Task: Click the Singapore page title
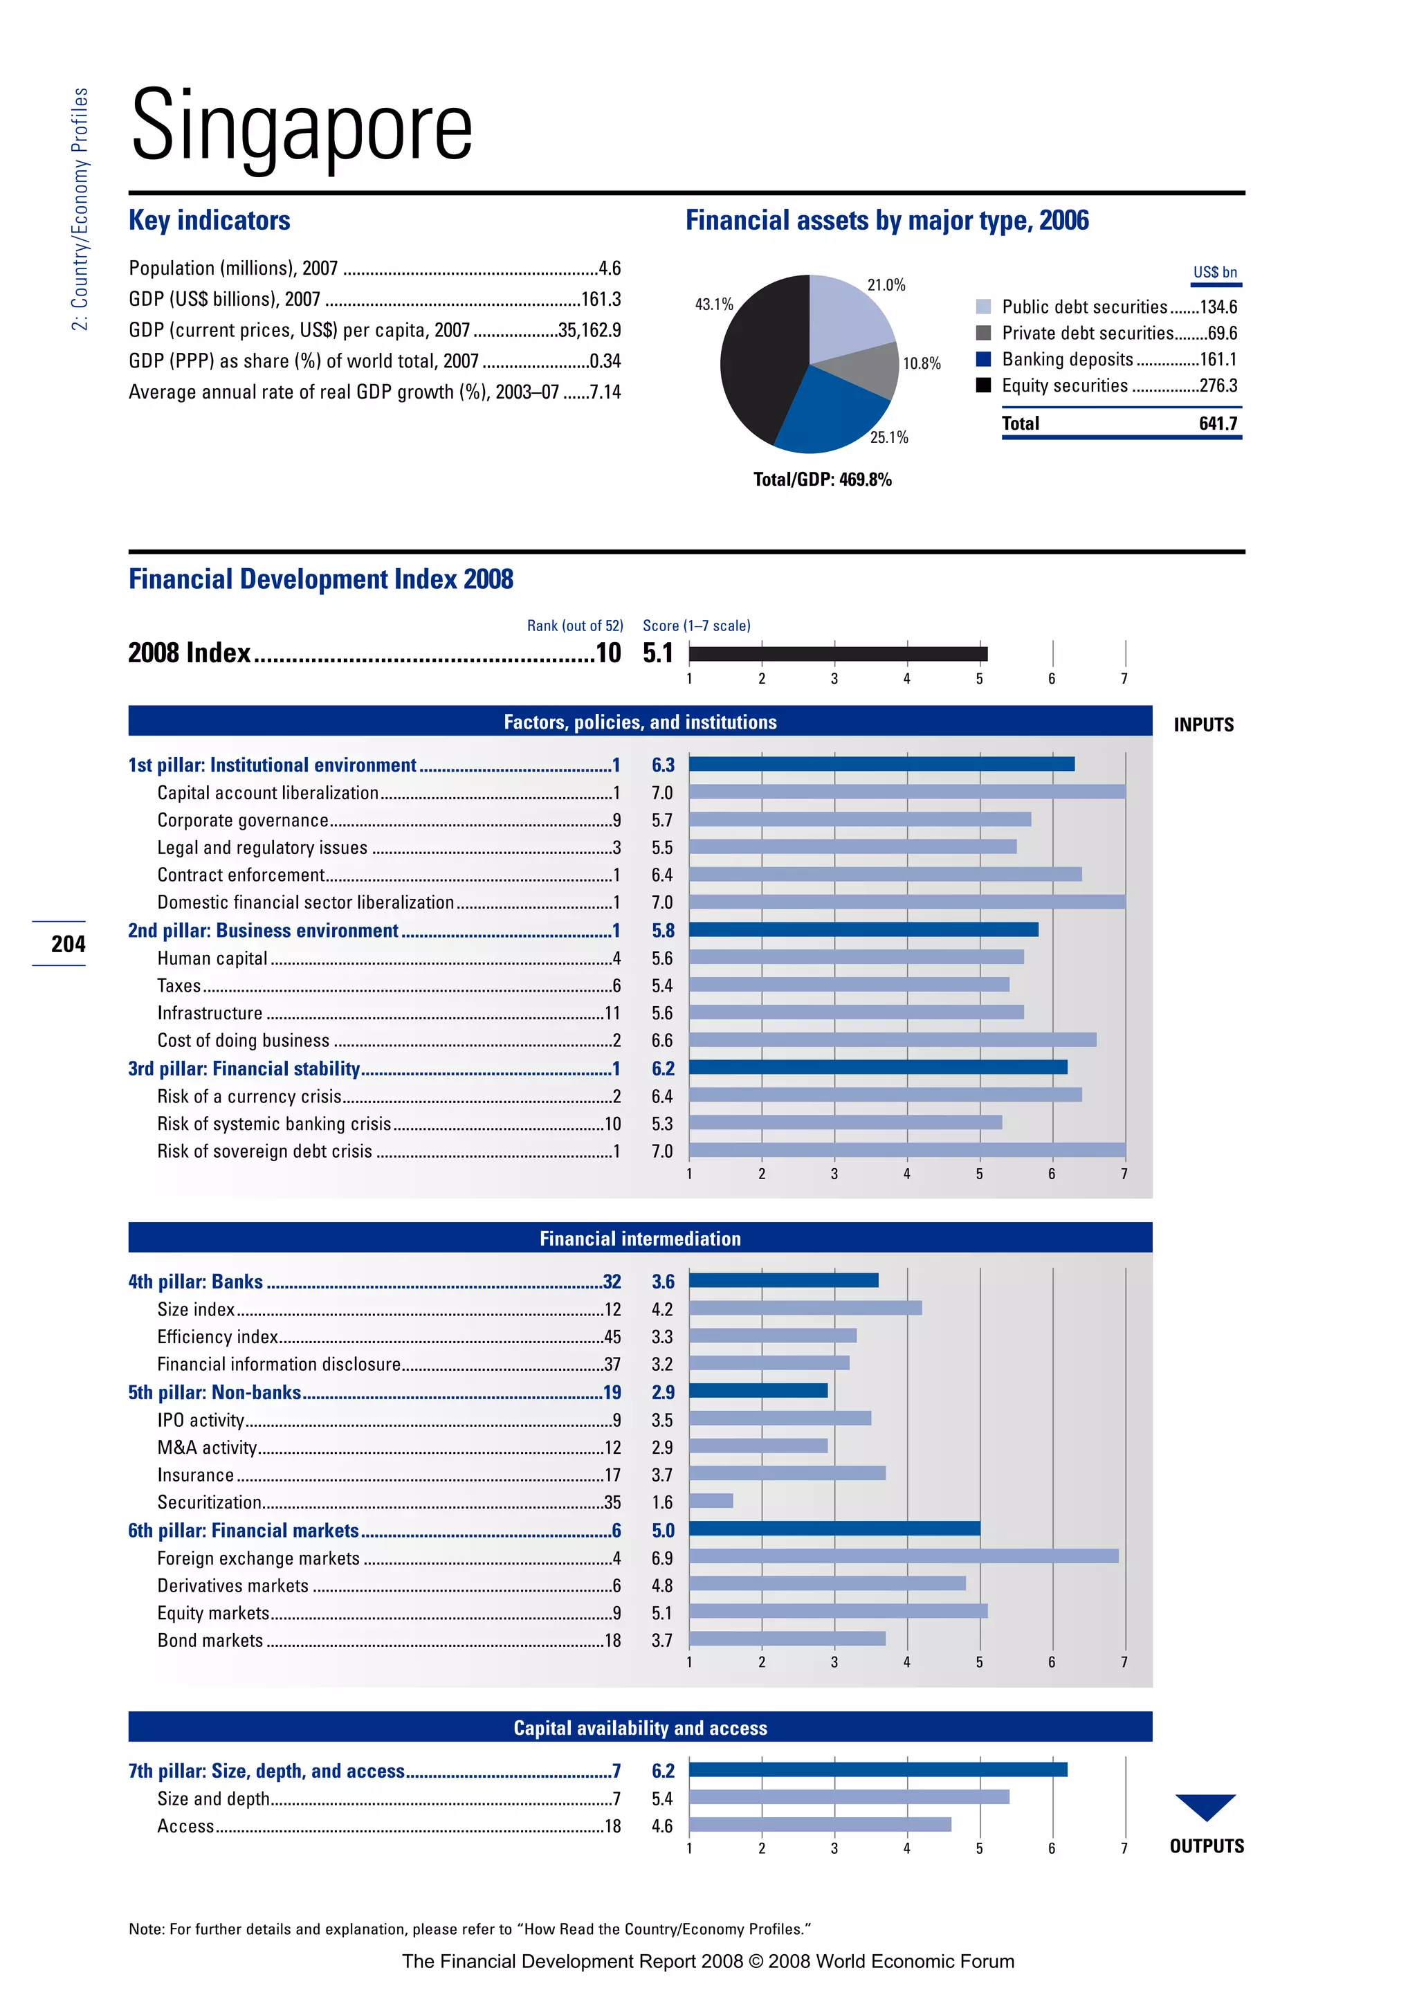pos(301,127)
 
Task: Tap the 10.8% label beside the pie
pos(922,364)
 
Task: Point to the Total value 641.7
pos(1217,424)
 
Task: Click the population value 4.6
pos(609,268)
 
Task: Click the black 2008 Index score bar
pos(838,654)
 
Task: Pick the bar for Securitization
pos(711,1501)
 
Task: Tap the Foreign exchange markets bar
pos(903,1556)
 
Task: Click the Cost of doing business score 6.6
pos(662,1040)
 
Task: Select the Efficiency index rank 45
pos(612,1337)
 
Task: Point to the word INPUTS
pos(1203,725)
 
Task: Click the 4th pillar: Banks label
pos(195,1282)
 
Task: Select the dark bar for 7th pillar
pos(878,1770)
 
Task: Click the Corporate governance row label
pos(243,821)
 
